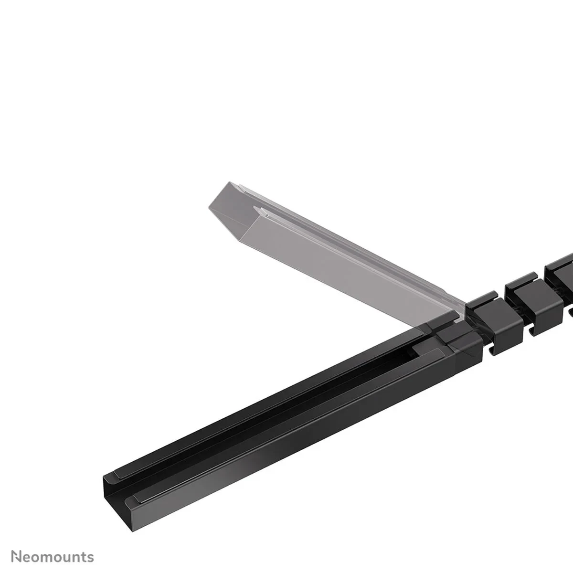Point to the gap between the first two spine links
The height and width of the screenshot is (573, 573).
coord(501,306)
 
